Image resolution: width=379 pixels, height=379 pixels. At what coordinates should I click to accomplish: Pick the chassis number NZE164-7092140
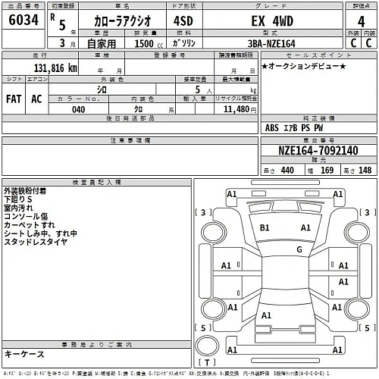coord(318,150)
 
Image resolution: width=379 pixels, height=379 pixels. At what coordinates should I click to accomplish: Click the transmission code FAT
coord(14,99)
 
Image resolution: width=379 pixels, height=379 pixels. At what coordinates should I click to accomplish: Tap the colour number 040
coord(78,110)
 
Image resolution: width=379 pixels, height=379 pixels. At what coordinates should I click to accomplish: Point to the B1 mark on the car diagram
coord(265,227)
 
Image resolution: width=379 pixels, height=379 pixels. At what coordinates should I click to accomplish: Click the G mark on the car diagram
coord(299,249)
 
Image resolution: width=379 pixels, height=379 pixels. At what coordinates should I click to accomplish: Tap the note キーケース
coord(24,354)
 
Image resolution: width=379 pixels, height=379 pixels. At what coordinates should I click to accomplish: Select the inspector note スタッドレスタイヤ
coord(35,243)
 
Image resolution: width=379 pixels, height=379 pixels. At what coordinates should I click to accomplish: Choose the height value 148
coord(365,170)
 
